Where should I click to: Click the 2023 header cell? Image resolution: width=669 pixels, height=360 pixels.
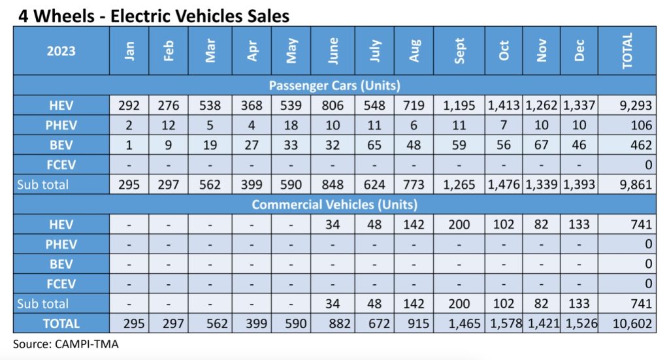tap(61, 51)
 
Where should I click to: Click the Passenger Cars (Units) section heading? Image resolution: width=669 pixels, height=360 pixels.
tap(334, 86)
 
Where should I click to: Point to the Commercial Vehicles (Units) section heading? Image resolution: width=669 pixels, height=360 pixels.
tap(334, 205)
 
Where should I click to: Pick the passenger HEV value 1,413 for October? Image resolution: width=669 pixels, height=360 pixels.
tap(503, 105)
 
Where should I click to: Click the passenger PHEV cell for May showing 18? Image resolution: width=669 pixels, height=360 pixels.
tap(292, 125)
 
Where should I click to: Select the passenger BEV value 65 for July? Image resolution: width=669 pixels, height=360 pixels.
tap(374, 144)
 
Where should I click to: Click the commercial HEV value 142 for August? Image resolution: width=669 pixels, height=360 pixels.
tap(414, 225)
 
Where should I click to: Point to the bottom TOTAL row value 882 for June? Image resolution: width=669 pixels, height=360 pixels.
tap(333, 323)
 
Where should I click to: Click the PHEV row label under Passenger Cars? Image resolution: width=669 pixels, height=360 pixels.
tap(61, 125)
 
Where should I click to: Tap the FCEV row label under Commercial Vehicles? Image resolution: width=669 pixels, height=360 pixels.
tap(61, 284)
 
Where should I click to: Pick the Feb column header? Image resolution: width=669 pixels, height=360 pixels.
tap(169, 51)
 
